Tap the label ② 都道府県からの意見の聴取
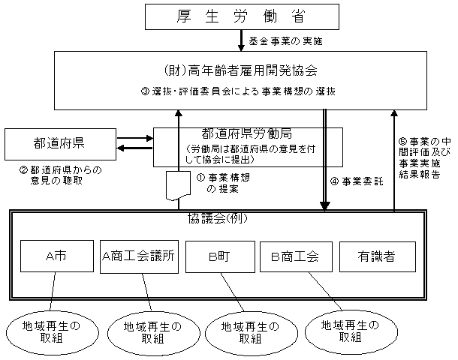pos(59,175)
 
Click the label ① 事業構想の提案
pos(223,184)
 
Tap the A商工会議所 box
pos(139,256)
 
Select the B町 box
pos(217,256)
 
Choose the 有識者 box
pos(377,256)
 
